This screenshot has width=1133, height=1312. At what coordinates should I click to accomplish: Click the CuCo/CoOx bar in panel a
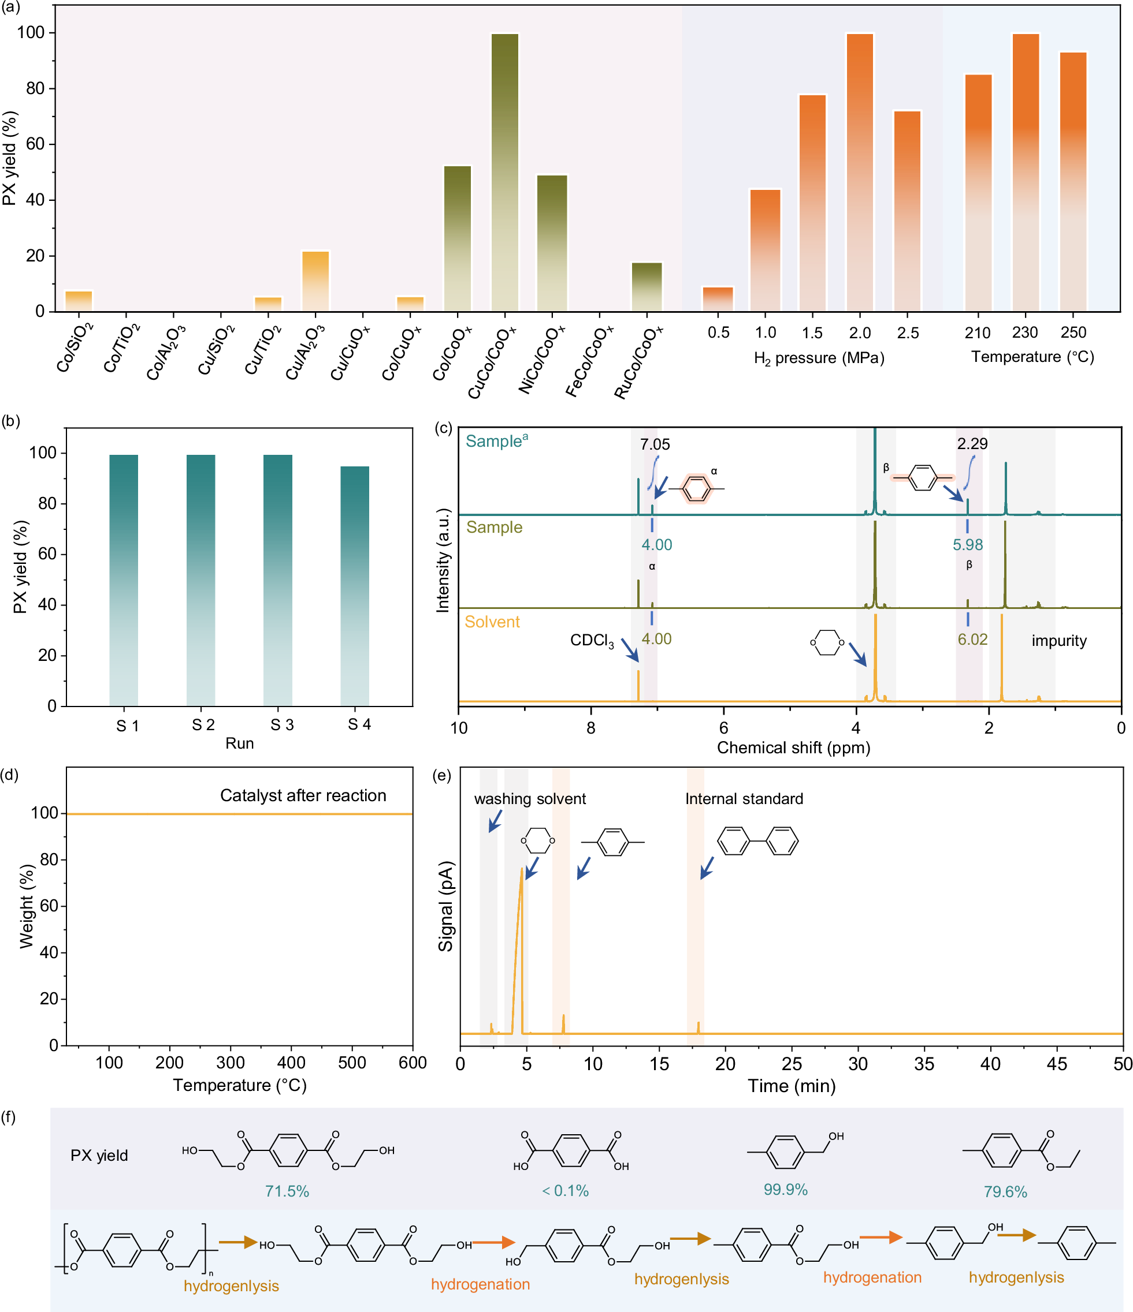click(x=504, y=171)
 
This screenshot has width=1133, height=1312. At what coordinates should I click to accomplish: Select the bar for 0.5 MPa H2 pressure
click(x=718, y=299)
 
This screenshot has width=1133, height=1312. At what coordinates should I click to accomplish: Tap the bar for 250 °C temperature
click(x=1073, y=181)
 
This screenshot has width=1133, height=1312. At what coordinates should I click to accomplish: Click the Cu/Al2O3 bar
click(x=315, y=281)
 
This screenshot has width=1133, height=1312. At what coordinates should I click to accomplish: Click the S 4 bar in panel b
click(x=355, y=586)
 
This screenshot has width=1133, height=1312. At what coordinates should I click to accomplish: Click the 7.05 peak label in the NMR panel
click(x=655, y=444)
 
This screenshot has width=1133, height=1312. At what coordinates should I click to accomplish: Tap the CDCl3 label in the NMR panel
click(x=592, y=640)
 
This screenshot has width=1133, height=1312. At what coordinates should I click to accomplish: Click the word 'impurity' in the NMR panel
click(x=1059, y=641)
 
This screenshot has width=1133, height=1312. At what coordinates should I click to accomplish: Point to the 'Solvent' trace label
click(x=492, y=622)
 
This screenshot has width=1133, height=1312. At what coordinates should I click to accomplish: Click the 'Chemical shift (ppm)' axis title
click(x=793, y=748)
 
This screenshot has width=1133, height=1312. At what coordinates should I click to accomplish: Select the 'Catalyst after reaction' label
click(x=303, y=795)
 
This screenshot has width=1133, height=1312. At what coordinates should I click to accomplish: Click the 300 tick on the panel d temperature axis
click(x=230, y=1063)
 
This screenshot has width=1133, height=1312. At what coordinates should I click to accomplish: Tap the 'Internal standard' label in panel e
click(x=744, y=799)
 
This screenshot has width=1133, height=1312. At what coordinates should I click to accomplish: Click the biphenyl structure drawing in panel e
click(x=757, y=841)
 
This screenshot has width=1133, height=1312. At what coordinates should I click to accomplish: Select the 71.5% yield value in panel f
click(x=287, y=1192)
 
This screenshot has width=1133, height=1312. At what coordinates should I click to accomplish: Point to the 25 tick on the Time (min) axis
click(x=792, y=1064)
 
